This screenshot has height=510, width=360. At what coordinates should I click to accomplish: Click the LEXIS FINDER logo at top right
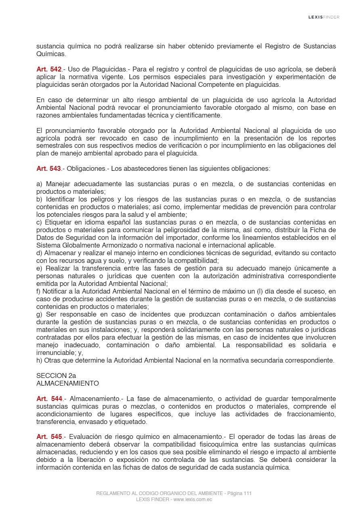click(x=324, y=17)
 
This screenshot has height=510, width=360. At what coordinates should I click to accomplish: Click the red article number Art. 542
click(x=48, y=69)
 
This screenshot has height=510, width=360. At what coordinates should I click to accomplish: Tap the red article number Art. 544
click(x=49, y=399)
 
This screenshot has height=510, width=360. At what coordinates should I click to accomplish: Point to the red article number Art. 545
click(x=49, y=437)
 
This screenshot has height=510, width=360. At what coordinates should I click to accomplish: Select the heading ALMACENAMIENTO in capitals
click(x=67, y=383)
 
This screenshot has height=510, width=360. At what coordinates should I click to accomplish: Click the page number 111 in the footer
click(x=248, y=493)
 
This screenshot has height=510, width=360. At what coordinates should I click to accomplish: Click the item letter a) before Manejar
click(x=39, y=184)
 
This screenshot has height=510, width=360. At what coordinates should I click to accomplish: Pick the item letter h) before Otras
click(x=39, y=361)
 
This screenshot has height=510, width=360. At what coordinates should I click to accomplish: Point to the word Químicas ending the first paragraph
click(x=51, y=54)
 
